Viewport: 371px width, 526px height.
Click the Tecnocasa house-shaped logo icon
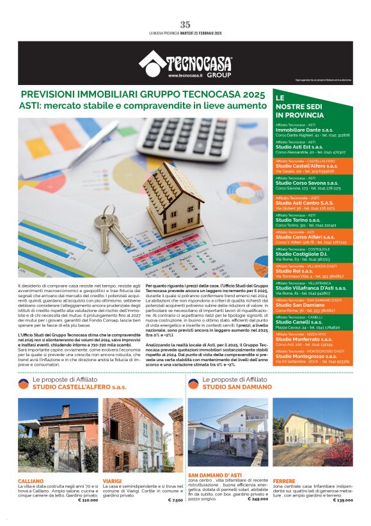pos(152,63)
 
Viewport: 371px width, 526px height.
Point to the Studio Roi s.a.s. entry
pos(293,270)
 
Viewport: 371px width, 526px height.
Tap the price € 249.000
pos(257,499)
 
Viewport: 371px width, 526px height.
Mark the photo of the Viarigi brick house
pos(142,436)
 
